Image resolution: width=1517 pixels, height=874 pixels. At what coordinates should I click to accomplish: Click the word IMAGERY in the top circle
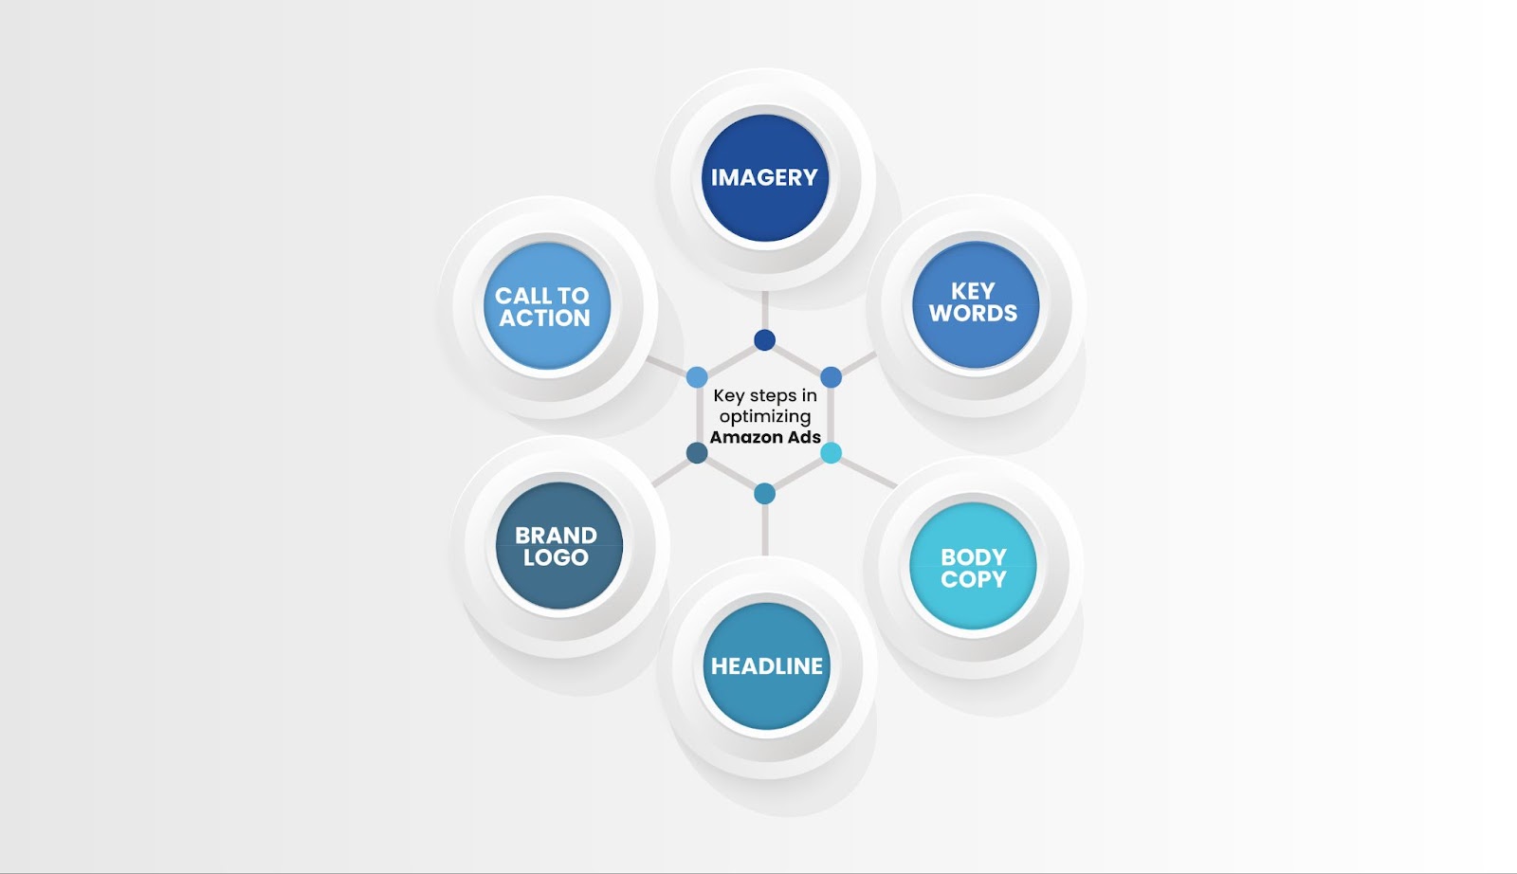764,177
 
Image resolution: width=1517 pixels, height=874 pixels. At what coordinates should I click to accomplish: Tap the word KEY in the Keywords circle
973,291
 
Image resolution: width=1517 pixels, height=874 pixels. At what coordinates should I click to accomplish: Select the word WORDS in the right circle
973,313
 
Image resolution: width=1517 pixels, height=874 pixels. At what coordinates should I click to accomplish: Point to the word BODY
973,557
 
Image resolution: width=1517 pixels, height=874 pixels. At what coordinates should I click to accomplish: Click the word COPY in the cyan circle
973,579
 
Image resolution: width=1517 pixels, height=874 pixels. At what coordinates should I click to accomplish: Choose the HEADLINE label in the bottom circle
767,666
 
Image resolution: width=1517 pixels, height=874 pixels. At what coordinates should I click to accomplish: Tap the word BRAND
556,536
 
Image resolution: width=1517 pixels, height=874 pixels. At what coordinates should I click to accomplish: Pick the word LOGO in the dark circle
556,557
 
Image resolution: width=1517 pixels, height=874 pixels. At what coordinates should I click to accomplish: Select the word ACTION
544,319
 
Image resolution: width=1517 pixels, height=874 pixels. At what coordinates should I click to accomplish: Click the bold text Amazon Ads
765,437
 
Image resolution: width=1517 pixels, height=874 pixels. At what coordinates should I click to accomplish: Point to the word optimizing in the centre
765,417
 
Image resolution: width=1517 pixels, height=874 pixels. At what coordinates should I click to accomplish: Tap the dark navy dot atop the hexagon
764,340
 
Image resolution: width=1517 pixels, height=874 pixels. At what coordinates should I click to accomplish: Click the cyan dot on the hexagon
831,453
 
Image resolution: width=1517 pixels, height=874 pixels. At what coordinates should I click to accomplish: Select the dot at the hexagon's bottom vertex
764,494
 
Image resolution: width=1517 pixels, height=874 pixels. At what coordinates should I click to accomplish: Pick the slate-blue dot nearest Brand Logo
697,453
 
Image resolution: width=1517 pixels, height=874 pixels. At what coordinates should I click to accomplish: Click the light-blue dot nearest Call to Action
697,377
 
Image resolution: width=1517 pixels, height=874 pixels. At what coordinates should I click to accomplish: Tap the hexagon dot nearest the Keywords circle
831,377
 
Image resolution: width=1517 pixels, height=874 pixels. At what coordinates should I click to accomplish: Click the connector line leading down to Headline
764,530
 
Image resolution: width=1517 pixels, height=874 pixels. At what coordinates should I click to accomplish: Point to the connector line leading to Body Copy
868,473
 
